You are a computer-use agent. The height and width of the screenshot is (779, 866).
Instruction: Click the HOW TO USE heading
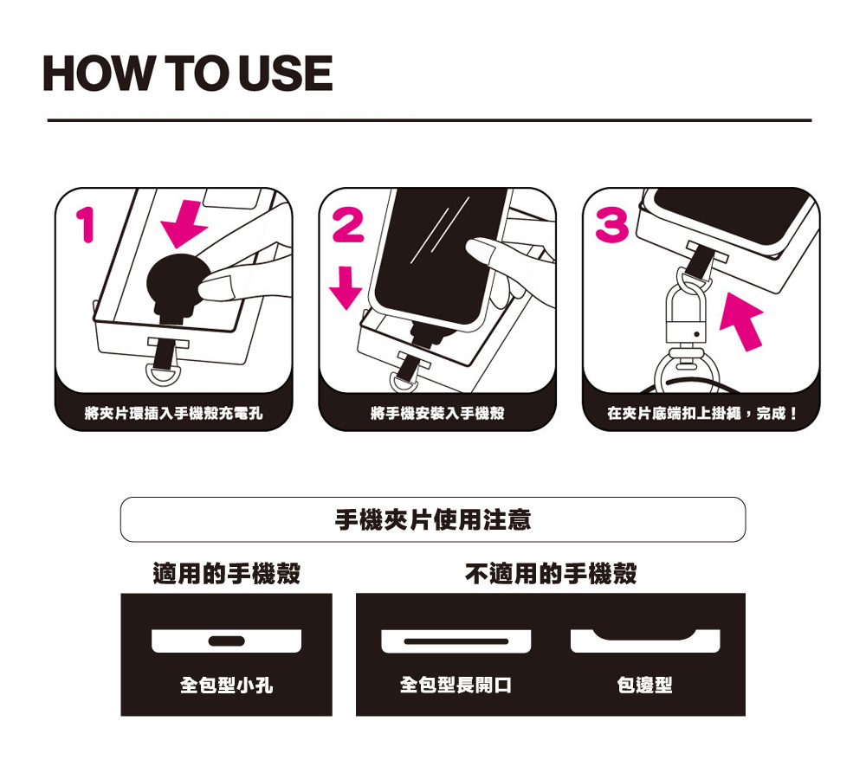point(188,73)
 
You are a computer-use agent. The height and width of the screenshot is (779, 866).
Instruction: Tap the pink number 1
point(86,225)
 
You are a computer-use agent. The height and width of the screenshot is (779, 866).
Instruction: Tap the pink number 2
point(348,224)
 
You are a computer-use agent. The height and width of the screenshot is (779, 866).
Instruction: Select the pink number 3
point(612,225)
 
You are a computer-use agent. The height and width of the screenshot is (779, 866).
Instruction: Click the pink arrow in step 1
point(184,223)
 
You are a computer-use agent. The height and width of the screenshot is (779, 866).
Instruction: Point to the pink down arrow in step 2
point(346,287)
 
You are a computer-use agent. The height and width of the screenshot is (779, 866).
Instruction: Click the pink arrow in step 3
point(742,321)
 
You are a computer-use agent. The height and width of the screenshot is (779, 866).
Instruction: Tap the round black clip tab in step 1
point(178,281)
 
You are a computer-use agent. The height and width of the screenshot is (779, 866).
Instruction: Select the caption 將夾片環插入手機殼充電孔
point(173,412)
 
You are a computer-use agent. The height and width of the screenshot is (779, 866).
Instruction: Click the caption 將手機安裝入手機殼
point(437,412)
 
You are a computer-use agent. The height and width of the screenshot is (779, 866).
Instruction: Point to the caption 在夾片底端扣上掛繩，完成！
point(701,412)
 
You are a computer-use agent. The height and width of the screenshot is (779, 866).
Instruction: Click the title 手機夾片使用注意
point(433,519)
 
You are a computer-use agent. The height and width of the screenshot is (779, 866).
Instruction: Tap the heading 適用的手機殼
point(226,573)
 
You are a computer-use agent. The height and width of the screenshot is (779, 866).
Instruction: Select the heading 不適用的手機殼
point(551,573)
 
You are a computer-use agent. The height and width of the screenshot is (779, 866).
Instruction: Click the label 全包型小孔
point(226,686)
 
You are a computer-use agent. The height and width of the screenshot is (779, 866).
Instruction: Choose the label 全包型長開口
point(456,686)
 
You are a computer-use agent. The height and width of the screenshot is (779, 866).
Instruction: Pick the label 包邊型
point(644,686)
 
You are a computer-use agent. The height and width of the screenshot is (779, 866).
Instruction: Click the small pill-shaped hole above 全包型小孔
point(226,641)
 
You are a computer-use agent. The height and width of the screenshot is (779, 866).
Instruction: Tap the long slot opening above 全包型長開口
point(456,641)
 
